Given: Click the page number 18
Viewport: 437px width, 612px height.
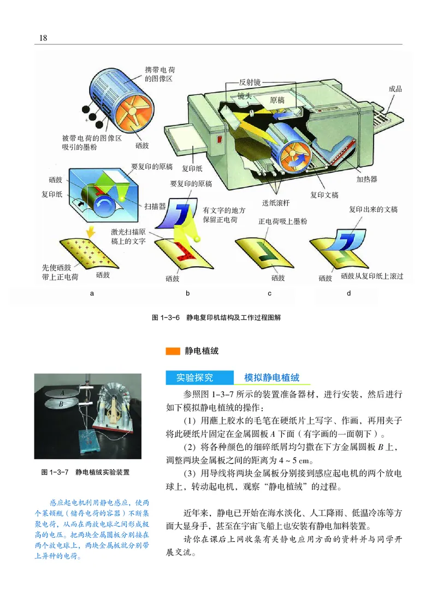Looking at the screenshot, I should pyautogui.click(x=43, y=37).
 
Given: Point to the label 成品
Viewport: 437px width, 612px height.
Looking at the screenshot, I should pyautogui.click(x=395, y=88).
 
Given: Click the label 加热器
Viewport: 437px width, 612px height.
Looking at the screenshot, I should pyautogui.click(x=367, y=178).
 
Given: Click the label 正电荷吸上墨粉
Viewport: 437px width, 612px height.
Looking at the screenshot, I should pyautogui.click(x=282, y=221).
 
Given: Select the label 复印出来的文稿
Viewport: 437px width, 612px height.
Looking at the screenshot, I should pyautogui.click(x=374, y=209).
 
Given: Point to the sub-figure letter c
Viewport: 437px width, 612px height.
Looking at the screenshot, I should pyautogui.click(x=269, y=293).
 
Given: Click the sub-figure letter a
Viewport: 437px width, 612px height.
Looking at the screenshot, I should pyautogui.click(x=92, y=293).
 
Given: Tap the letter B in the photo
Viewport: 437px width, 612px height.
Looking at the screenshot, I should pyautogui.click(x=62, y=404).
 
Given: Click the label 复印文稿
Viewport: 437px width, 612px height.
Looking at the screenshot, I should pyautogui.click(x=324, y=195).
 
